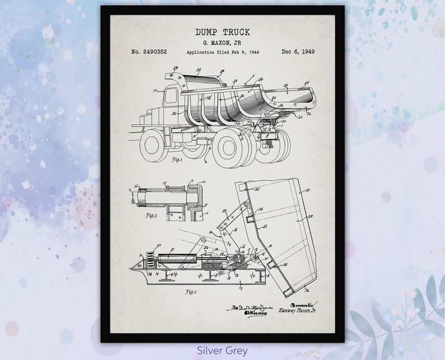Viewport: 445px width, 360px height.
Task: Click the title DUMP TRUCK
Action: pos(222,32)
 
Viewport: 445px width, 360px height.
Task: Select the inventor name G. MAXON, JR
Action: pos(222,43)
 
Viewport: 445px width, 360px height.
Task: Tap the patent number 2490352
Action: pos(149,52)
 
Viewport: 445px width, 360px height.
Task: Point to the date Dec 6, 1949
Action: pos(298,52)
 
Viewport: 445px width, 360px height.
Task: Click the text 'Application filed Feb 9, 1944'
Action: pos(222,52)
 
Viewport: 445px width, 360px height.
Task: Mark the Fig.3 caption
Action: pos(151,215)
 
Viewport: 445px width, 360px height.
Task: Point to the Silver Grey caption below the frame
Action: pos(222,350)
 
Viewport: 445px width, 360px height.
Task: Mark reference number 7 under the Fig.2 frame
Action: pos(240,288)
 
